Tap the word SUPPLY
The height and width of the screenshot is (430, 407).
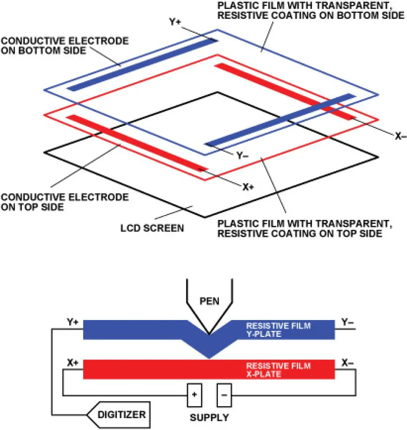[209, 418]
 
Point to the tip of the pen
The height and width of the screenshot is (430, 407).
[209, 334]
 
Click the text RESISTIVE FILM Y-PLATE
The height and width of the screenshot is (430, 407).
[278, 330]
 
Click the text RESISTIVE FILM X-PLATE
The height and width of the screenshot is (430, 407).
[278, 370]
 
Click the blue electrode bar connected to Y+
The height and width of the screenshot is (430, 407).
[143, 65]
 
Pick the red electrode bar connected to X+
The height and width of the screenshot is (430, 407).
[136, 143]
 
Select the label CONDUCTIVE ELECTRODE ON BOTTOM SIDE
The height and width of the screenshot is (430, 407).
[65, 46]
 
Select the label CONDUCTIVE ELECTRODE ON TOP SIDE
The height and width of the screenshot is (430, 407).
[65, 202]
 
